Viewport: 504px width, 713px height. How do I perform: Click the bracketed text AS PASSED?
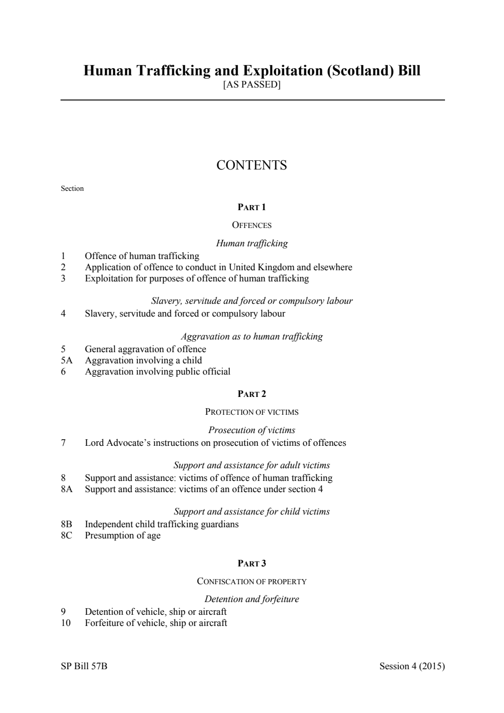(x=252, y=84)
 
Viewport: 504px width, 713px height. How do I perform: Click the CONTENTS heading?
(x=252, y=165)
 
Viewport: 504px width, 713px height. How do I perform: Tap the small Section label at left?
(x=72, y=189)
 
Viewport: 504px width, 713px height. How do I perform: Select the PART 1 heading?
(x=252, y=207)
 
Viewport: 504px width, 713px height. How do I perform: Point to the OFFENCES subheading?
(x=252, y=225)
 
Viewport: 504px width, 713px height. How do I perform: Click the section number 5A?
(x=67, y=360)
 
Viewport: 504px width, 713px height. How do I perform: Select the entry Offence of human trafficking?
(x=142, y=256)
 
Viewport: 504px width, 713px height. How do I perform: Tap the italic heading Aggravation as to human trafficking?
(x=252, y=336)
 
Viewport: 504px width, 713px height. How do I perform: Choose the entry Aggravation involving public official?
(x=158, y=372)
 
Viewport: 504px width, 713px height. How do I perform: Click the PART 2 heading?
(x=252, y=394)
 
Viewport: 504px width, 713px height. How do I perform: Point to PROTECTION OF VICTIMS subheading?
(x=252, y=412)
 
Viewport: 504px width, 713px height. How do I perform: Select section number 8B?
(x=67, y=524)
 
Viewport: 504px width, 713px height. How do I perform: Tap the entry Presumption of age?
(x=123, y=535)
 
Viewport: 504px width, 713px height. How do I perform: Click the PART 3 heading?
(x=252, y=563)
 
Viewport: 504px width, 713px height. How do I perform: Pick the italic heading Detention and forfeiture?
(x=252, y=599)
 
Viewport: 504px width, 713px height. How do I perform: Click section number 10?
(x=66, y=623)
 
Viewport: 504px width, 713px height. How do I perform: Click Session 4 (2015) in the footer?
(x=412, y=666)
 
